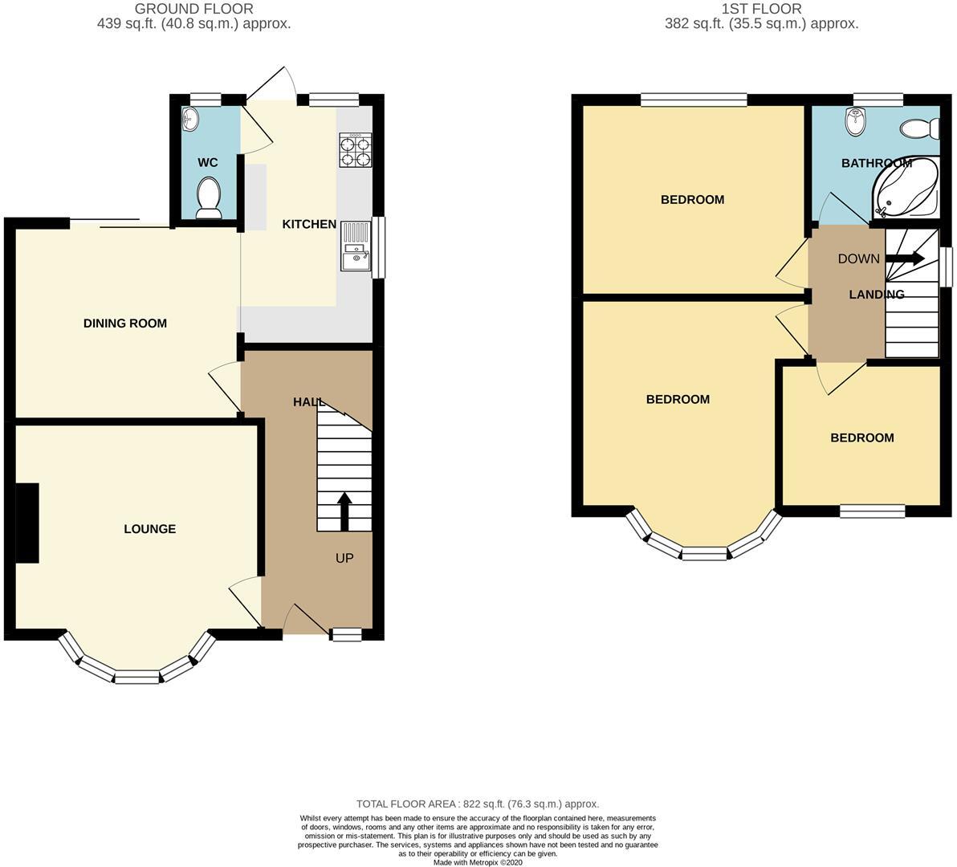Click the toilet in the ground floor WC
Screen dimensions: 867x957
pos(209,197)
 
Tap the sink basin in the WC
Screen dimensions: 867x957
pos(190,119)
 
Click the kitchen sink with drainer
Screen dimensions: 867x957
pos(355,246)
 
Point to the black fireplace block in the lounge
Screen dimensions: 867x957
pos(27,523)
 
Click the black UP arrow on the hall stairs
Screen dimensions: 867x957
pos(345,511)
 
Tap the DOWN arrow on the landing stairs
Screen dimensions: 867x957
pos(905,258)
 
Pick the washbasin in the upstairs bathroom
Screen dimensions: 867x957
pos(856,122)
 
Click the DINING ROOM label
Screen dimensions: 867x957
pos(125,324)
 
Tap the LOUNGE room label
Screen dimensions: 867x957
pos(149,529)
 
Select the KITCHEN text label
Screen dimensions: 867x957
pos(309,224)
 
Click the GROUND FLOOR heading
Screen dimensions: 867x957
pos(194,10)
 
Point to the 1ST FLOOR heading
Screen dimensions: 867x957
pos(761,10)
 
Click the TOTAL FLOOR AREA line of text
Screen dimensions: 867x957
pos(478,804)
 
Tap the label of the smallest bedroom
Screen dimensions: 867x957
pos(861,438)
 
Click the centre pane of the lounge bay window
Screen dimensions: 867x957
pos(137,677)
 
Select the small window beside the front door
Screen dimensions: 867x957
pos(347,635)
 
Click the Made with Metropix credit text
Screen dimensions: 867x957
pos(478,862)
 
